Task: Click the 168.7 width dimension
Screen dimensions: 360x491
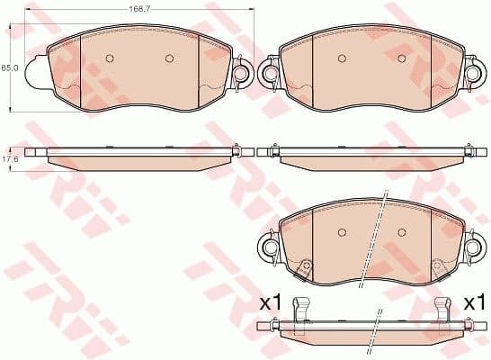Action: point(138,8)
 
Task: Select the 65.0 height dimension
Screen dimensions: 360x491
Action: point(8,67)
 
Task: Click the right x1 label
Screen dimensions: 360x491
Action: point(474,303)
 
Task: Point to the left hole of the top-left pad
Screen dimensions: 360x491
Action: point(110,58)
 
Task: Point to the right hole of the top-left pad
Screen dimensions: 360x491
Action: point(169,58)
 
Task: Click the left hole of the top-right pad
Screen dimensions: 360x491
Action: point(341,58)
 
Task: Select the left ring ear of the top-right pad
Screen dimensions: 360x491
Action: point(269,72)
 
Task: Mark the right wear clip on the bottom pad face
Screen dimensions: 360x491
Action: point(438,268)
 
